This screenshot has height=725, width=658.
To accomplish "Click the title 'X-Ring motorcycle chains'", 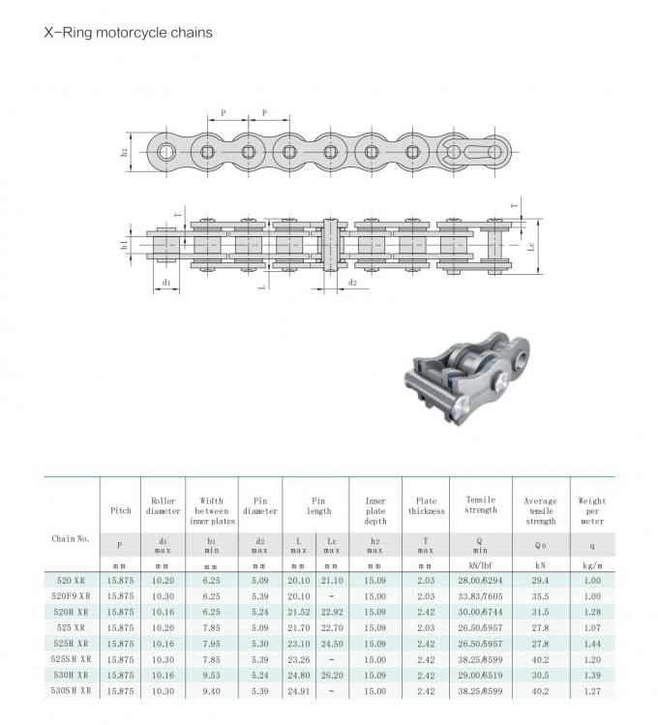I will (x=129, y=32).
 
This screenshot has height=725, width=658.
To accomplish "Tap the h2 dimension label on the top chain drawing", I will (x=125, y=152).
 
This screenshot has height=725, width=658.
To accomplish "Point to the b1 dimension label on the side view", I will (x=125, y=245).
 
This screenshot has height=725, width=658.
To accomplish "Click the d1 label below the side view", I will (x=166, y=283).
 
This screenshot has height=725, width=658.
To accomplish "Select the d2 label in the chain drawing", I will (x=352, y=283).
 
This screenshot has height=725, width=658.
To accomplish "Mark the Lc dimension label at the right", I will (x=532, y=246).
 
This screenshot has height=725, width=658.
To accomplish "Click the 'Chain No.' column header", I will (x=71, y=538).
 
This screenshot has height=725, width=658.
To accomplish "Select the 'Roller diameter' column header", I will (x=163, y=505).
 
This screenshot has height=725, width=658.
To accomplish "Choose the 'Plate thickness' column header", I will (x=426, y=505).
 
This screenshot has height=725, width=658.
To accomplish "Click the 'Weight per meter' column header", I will (x=591, y=510).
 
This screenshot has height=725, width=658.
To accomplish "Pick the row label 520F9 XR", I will (x=72, y=596).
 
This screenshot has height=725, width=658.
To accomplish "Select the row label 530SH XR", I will (x=72, y=690).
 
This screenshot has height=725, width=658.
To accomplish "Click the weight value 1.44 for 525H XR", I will (x=591, y=643).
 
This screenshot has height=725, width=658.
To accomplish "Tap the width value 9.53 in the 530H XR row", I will (x=212, y=675).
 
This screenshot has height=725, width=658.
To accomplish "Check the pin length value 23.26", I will (x=299, y=659).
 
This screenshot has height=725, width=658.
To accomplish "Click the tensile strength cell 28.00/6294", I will (x=481, y=580).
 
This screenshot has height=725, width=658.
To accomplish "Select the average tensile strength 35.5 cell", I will (x=540, y=596).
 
